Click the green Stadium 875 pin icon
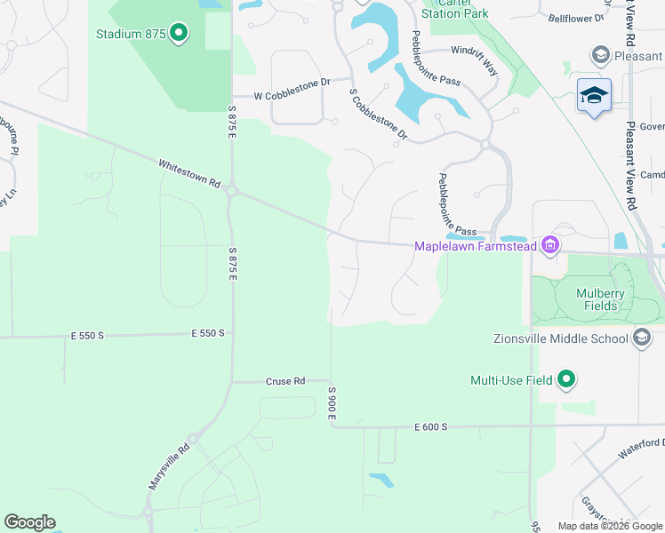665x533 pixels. pyautogui.click(x=179, y=35)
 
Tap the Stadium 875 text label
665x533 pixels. pyautogui.click(x=132, y=35)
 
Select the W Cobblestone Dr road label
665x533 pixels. pyautogui.click(x=292, y=94)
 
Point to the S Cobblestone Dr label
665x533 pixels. pyautogui.click(x=378, y=115)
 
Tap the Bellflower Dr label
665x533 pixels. pyautogui.click(x=575, y=18)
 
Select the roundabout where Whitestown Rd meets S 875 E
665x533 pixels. pyautogui.click(x=231, y=189)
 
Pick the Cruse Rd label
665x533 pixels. pyautogui.click(x=285, y=381)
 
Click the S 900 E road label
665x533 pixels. pyautogui.click(x=332, y=403)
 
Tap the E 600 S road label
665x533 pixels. pyautogui.click(x=430, y=427)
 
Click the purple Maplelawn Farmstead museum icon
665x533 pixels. pyautogui.click(x=550, y=245)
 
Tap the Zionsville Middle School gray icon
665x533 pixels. pyautogui.click(x=642, y=338)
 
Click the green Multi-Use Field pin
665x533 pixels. pyautogui.click(x=565, y=380)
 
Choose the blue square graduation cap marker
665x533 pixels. pyautogui.click(x=594, y=95)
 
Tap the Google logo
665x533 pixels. pyautogui.click(x=30, y=522)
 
